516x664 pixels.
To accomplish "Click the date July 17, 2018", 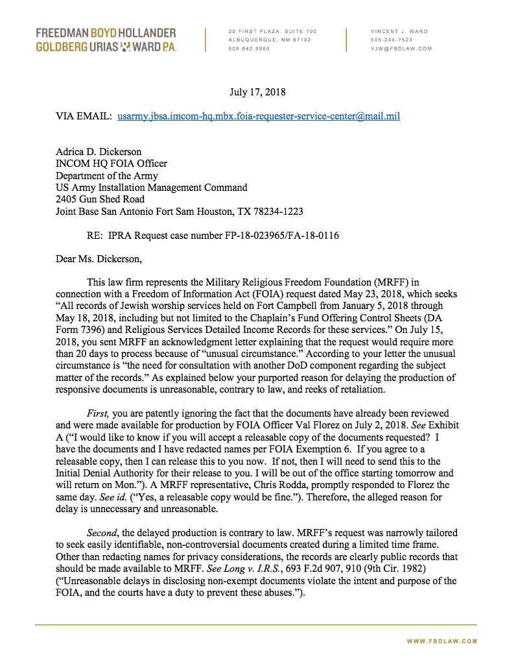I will pos(257,92).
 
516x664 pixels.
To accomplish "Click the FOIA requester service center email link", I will pos(259,116).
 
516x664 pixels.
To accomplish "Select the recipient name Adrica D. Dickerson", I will pos(99,153).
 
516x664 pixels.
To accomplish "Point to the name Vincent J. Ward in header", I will pos(399,31).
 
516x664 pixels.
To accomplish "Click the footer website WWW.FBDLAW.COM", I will pos(442,641).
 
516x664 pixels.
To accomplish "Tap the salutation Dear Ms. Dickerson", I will pos(98,259).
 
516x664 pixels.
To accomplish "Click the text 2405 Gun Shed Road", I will pos(100,199).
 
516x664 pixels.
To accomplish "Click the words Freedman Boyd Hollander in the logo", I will pos(106,32).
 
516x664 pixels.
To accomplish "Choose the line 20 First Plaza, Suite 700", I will pos(272,31).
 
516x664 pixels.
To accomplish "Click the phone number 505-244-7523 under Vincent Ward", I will pos(392,40).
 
